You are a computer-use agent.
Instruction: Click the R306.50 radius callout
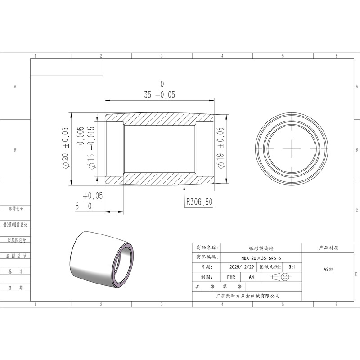[199, 202]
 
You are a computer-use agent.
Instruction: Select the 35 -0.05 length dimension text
[160, 94]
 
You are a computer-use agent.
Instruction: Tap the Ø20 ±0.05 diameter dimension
[65, 148]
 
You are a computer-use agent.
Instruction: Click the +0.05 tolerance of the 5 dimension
[93, 196]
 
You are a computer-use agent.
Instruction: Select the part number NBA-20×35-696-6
[261, 258]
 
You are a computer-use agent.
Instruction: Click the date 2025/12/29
[242, 267]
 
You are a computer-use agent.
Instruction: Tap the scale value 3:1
[292, 267]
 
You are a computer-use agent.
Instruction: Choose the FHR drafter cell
[231, 277]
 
